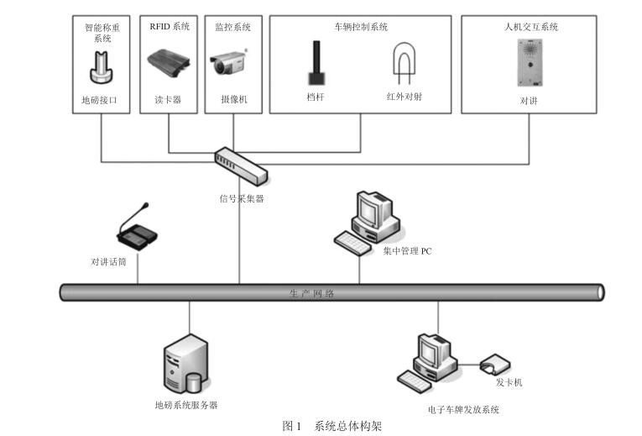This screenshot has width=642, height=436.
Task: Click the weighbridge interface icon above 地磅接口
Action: [x=100, y=67]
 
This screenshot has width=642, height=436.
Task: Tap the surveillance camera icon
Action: [x=231, y=64]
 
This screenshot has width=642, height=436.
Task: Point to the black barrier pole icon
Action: [x=316, y=63]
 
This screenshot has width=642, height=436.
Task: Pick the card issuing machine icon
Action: [x=493, y=365]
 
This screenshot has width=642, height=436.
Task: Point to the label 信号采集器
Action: [x=241, y=199]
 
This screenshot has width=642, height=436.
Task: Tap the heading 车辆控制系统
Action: [x=359, y=27]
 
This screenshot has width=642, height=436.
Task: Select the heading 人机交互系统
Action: [x=527, y=27]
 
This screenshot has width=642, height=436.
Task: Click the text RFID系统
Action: [x=170, y=27]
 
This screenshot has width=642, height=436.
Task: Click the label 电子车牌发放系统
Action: [x=462, y=410]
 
